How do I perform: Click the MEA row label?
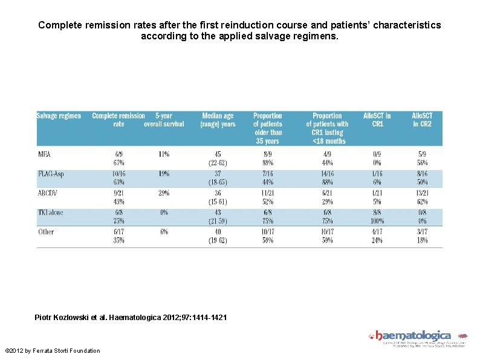[x=44, y=154]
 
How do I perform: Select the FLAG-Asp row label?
[x=50, y=174]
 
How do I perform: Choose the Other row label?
[x=46, y=232]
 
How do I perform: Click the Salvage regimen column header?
[x=59, y=116]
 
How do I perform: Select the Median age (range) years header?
[x=218, y=120]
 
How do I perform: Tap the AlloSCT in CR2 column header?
[x=422, y=120]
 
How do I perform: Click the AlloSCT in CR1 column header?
[x=377, y=120]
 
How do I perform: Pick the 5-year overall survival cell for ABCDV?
[x=163, y=193]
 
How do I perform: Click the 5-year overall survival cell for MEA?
[x=163, y=154]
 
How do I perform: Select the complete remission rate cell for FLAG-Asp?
[x=118, y=177]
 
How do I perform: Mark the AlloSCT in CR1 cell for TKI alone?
[x=377, y=216]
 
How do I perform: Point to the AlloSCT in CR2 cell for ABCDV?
[x=422, y=197]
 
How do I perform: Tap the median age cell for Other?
[x=218, y=235]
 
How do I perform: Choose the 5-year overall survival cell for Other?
[x=163, y=232]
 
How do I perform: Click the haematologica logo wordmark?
[x=414, y=335]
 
